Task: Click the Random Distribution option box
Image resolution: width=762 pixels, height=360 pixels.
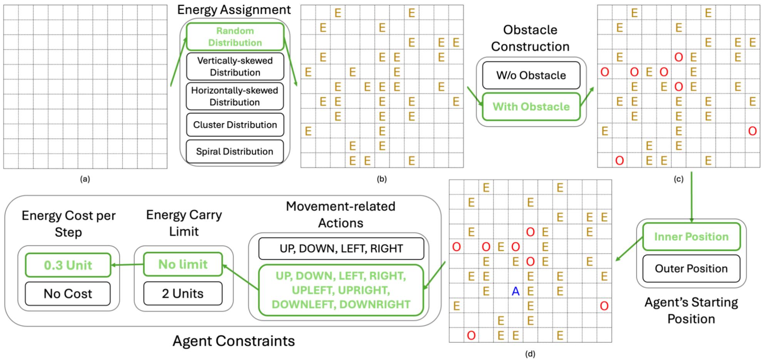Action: point(235,37)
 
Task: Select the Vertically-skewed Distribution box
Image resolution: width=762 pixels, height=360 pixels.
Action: point(235,66)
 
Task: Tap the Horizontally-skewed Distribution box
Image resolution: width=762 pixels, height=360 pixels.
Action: point(235,96)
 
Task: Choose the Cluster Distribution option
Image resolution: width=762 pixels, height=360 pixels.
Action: point(235,124)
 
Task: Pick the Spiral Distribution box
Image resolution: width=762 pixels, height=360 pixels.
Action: point(235,151)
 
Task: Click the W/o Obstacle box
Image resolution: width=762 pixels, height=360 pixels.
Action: point(531,75)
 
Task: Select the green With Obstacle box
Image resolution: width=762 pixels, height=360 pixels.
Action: point(531,106)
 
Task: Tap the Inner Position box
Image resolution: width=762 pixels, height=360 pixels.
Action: point(691,236)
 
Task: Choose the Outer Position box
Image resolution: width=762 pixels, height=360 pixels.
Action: point(691,268)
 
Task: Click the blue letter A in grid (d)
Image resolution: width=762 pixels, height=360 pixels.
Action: point(515,291)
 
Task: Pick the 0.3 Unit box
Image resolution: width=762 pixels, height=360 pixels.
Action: point(68,265)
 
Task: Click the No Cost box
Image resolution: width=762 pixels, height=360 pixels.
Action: point(68,294)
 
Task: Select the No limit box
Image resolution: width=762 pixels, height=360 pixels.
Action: point(183,264)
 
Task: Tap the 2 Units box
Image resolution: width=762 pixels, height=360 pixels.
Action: point(183,294)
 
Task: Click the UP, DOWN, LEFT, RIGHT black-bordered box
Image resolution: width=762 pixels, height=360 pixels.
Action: point(341,249)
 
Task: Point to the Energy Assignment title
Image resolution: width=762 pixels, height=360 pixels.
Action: point(234,10)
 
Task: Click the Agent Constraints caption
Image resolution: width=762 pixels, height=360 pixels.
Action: point(233,341)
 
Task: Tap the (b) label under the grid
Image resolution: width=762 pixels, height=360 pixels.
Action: point(382,179)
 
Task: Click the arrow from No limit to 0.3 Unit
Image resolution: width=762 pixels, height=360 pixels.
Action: point(127,264)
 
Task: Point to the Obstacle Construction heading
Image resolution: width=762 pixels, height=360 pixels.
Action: point(530,38)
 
